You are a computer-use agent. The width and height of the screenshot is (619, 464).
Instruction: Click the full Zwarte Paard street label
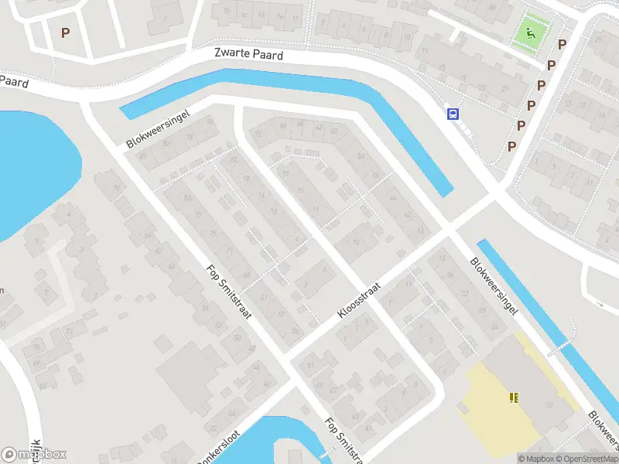click(248, 55)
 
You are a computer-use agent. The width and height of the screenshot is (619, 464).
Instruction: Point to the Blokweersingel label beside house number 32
click(494, 285)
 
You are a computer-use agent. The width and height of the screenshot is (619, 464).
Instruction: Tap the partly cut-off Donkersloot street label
click(221, 445)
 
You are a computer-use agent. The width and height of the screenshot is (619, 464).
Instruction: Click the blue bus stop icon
click(453, 114)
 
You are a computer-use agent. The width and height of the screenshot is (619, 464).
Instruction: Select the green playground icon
click(530, 32)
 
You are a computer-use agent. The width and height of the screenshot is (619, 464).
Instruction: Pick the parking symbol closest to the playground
click(562, 45)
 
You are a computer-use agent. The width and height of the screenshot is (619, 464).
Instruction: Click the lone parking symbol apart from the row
click(65, 32)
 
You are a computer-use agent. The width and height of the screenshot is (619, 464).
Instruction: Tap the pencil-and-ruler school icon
click(513, 397)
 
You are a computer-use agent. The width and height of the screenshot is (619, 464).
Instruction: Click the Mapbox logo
click(34, 454)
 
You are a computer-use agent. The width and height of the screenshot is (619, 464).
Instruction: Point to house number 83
click(187, 198)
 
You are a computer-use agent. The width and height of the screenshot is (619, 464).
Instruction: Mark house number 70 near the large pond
click(117, 186)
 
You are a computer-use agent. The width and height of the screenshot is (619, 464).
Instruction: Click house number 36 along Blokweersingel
click(392, 196)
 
